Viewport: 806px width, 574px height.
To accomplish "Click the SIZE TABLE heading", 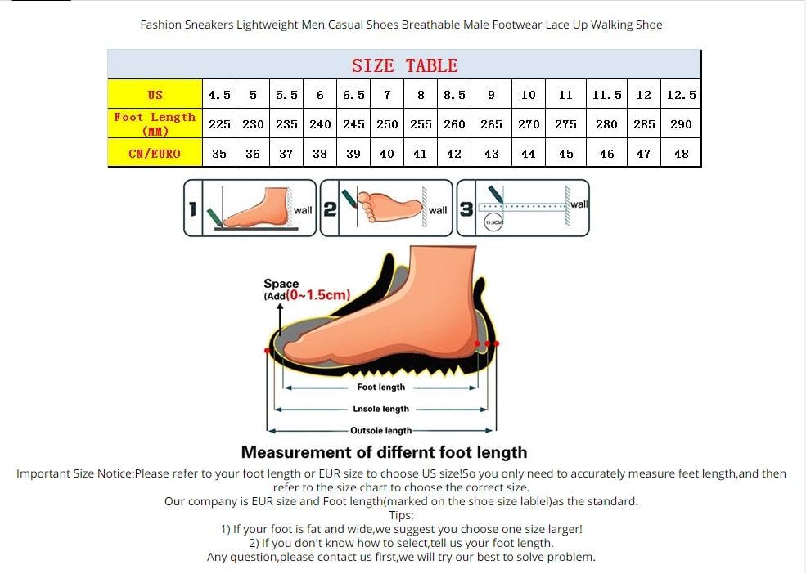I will click(x=404, y=65).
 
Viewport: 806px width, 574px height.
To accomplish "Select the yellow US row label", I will click(x=155, y=95).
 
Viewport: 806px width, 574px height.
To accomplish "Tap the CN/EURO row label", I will click(x=155, y=153).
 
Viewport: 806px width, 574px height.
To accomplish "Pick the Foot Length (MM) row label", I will click(x=155, y=123).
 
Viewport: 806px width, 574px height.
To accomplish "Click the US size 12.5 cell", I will click(x=681, y=95).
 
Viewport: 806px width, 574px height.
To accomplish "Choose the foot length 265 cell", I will click(x=491, y=124).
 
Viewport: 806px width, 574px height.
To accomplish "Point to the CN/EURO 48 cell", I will click(x=681, y=153).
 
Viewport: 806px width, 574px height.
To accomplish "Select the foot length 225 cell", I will click(x=219, y=124).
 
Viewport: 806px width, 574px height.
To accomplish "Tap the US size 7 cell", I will click(x=387, y=95).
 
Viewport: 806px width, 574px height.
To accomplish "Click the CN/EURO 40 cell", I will click(x=387, y=153).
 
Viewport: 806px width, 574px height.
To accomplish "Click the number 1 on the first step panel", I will click(x=193, y=209).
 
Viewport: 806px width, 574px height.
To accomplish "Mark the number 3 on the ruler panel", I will click(x=466, y=209).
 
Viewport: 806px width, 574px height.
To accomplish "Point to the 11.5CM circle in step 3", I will click(x=493, y=222).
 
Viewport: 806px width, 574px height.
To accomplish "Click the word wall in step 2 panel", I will click(x=438, y=210).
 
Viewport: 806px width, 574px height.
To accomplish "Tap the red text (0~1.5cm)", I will click(x=318, y=295).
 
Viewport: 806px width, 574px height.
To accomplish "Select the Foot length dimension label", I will click(x=380, y=387).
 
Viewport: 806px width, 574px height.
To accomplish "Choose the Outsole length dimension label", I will click(x=380, y=430).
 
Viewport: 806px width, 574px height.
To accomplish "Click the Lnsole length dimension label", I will click(x=380, y=409).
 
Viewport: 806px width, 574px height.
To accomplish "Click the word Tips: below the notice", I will click(x=401, y=515).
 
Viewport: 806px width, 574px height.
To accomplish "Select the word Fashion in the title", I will click(x=160, y=25).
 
